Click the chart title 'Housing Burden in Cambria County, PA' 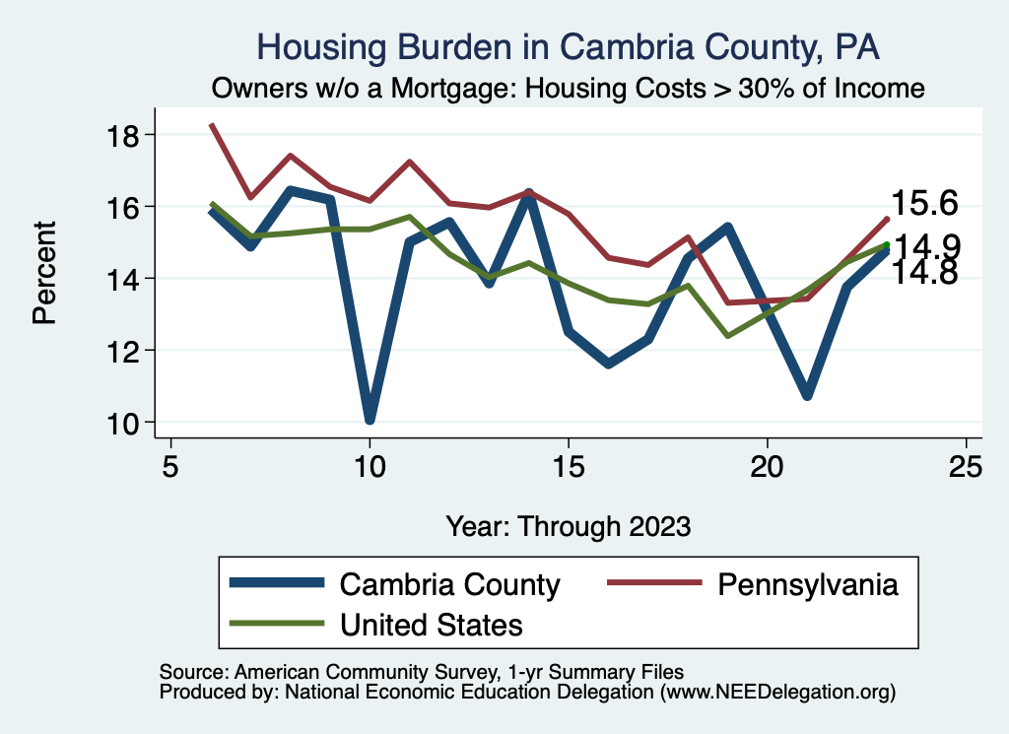coord(568,46)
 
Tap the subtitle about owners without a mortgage coord(568,89)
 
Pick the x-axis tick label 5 coord(170,466)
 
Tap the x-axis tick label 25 coord(966,466)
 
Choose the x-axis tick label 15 coord(568,466)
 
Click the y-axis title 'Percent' coord(44,279)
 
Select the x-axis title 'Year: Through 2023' coord(568,525)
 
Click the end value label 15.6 coord(924,203)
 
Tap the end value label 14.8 coord(924,273)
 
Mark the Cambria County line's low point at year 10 coord(370,419)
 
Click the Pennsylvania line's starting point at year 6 coord(211,125)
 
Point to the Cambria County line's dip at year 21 coord(807,395)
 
